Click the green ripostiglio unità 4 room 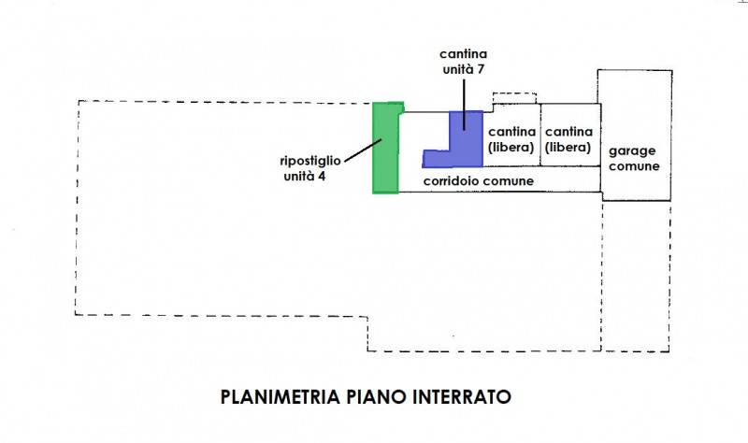point(385,148)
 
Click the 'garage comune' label point(634,158)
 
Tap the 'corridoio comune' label point(479,181)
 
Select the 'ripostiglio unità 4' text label point(310,168)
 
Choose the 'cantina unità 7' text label point(463,62)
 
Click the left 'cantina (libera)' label point(511,139)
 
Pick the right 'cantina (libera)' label point(568,139)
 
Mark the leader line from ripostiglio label point(363,150)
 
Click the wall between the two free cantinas point(540,135)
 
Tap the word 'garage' point(632,151)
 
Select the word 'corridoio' point(450,181)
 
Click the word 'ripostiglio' point(310,161)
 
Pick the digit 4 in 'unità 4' point(322,177)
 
